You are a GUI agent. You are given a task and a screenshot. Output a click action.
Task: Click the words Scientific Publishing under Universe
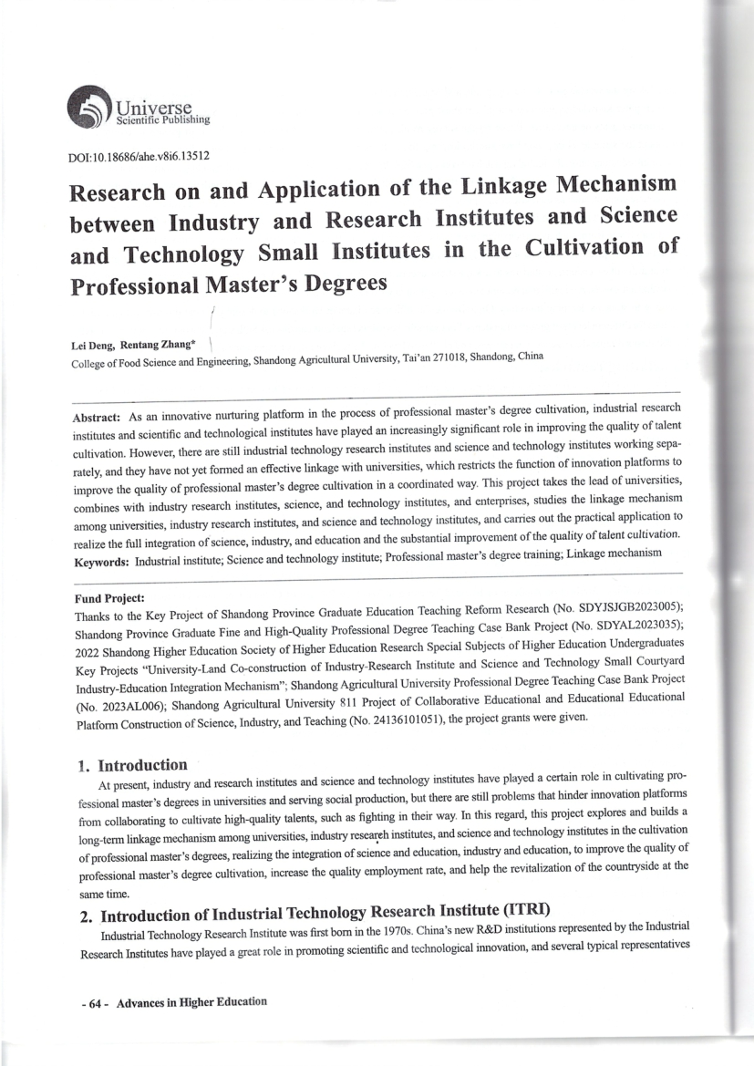pyautogui.click(x=160, y=119)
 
